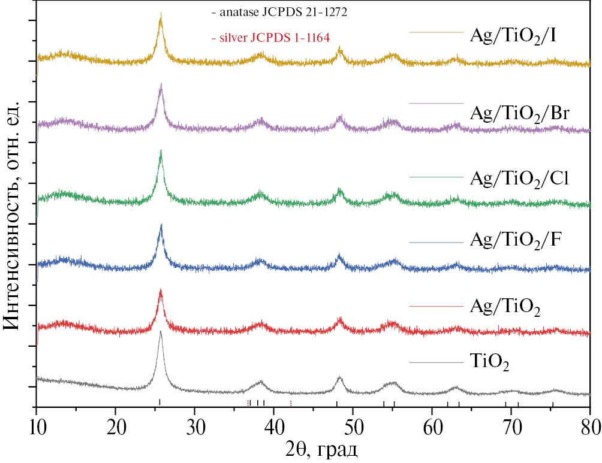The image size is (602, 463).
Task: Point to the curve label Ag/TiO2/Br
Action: [x=520, y=113]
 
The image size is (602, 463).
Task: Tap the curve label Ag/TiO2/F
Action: [x=515, y=242]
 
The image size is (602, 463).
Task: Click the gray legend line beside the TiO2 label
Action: [x=436, y=362]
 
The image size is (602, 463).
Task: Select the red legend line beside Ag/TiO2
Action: [x=436, y=306]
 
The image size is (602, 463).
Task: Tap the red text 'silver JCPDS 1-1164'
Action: [x=275, y=37]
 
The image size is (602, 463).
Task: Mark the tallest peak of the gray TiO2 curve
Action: [x=160, y=332]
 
